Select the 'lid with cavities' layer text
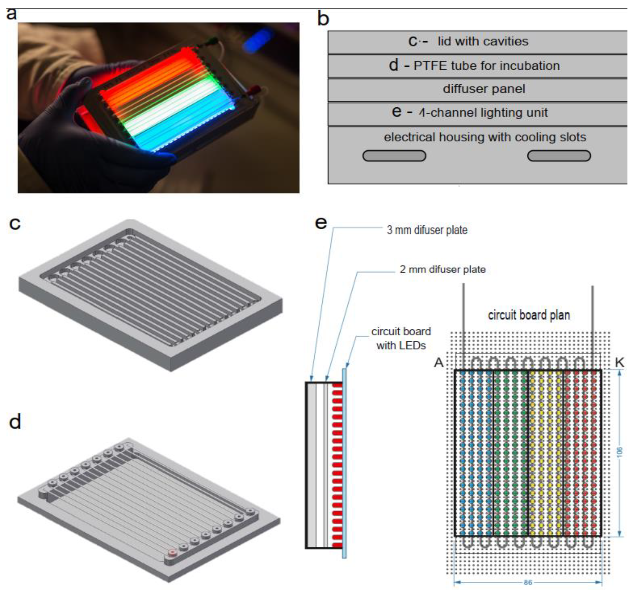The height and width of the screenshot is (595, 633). [483, 41]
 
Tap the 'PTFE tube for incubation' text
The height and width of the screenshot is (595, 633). [486, 66]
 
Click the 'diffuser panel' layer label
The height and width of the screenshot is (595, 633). [484, 89]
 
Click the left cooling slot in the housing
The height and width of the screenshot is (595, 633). [394, 156]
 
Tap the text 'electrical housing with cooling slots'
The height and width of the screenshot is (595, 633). [485, 137]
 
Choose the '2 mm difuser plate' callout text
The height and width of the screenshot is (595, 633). [443, 270]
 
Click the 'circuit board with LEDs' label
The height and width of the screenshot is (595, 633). [401, 338]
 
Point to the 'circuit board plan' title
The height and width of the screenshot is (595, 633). [529, 315]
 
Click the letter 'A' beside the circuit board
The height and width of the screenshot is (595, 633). [439, 362]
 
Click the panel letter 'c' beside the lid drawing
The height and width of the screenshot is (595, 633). [15, 224]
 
